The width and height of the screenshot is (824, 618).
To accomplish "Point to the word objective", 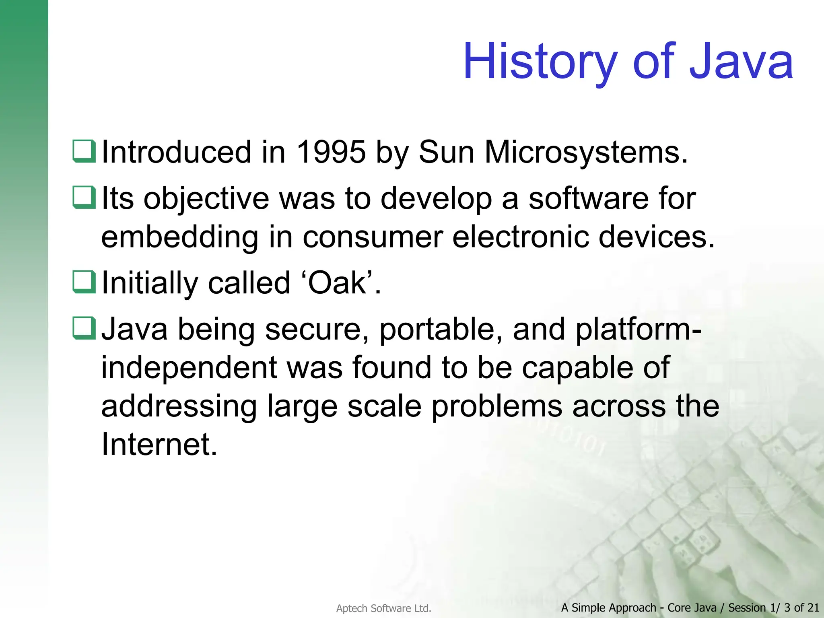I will tap(206, 199).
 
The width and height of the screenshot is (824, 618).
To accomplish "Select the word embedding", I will tap(179, 237).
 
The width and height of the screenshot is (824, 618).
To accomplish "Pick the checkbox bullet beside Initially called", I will tap(84, 282).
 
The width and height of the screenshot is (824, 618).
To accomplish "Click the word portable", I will tap(441, 329).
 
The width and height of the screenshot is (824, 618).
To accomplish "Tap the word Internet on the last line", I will tap(159, 444).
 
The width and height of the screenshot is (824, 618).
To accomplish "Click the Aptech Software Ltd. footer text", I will tap(383, 608).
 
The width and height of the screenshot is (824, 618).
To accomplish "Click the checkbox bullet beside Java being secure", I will tap(84, 328).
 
